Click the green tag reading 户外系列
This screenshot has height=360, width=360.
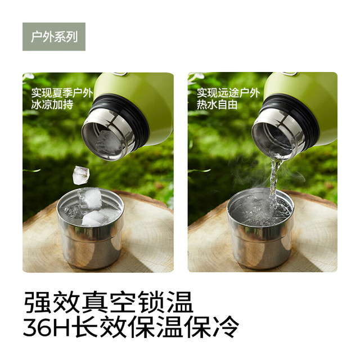tap(54, 37)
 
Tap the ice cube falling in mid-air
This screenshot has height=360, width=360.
tap(81, 175)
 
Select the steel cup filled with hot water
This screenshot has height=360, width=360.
tap(261, 228)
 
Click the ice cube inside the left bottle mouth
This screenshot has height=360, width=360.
tap(107, 142)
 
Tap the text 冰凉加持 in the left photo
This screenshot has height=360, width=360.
tap(52, 105)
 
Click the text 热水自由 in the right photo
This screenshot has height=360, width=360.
tap(217, 105)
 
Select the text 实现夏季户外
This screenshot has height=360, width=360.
tap(62, 93)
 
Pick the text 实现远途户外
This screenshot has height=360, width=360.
tap(228, 93)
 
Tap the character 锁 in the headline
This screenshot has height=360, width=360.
tap(151, 302)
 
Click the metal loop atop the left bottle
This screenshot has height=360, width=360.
tap(119, 74)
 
